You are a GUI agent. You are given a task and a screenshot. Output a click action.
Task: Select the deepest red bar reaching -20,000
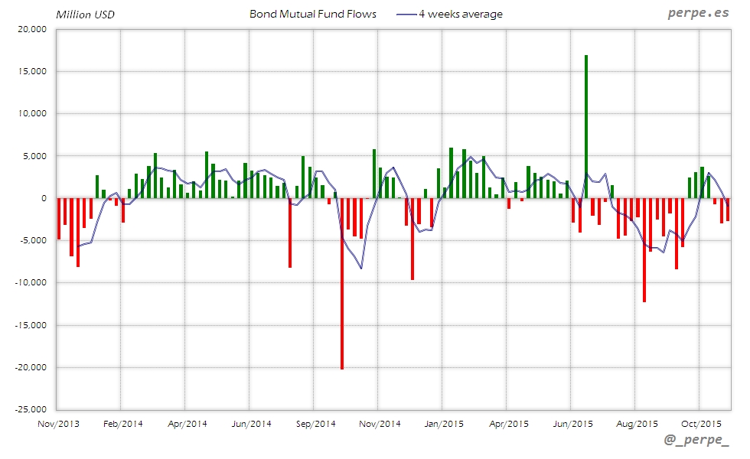(342, 283)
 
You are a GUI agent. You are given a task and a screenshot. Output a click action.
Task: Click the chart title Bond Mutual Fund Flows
(313, 14)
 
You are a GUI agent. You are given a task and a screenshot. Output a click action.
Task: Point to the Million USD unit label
(85, 14)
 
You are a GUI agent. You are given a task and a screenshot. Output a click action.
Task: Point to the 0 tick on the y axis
(44, 198)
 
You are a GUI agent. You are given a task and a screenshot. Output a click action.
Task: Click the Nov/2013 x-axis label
(58, 423)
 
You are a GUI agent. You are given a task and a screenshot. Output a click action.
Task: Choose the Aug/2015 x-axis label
(637, 423)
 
